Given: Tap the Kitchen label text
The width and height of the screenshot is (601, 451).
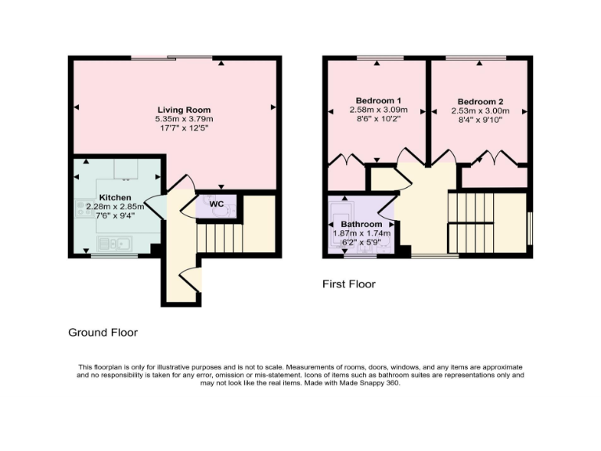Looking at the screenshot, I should pos(115,197).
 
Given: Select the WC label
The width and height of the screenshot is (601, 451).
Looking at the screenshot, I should pos(218,204).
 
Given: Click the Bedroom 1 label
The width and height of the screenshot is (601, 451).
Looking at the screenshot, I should pos(378,101).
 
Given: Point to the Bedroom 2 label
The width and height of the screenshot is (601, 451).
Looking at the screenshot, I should pos(480,102).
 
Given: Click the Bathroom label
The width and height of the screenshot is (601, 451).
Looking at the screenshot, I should pos(361,225).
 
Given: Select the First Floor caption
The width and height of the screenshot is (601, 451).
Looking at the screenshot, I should pos(348,284).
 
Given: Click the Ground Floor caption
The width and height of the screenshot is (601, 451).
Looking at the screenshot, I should pos(103,333).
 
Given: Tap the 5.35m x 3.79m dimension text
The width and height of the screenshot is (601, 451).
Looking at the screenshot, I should pos(184,119).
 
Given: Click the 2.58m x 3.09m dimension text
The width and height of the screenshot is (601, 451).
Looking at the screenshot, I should pos(378,111).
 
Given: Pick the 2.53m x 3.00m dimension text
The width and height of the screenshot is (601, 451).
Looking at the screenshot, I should pos(480,111).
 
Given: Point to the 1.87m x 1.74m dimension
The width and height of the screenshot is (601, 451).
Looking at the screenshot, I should pos(362,233).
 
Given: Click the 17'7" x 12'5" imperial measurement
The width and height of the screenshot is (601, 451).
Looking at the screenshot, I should pos(184,128).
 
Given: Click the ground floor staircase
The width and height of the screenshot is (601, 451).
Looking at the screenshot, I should pos(220,235).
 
